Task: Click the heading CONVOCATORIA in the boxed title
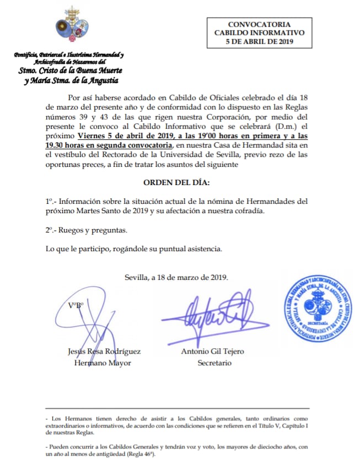(259, 25)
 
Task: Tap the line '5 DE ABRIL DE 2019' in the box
(259, 41)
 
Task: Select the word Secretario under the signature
(214, 363)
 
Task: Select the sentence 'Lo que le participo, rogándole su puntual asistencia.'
(134, 248)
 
